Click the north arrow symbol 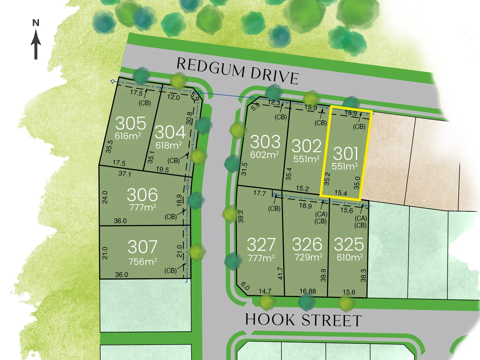click(36, 42)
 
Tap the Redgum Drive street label click(237, 71)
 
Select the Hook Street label click(303, 320)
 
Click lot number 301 click(346, 154)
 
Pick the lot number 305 click(131, 123)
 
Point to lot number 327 click(261, 245)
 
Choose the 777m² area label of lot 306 click(143, 207)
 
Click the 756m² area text click(143, 262)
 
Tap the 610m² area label click(349, 257)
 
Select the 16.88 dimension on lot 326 click(307, 291)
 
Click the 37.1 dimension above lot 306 click(125, 174)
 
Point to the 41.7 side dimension click(280, 273)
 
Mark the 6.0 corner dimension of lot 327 click(245, 286)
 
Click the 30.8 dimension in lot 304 click(189, 118)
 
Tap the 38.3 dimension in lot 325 click(363, 275)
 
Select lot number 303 click(265, 142)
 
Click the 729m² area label click(308, 257)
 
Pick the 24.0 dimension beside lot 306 click(105, 197)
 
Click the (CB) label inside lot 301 click(359, 127)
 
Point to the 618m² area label click(169, 145)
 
